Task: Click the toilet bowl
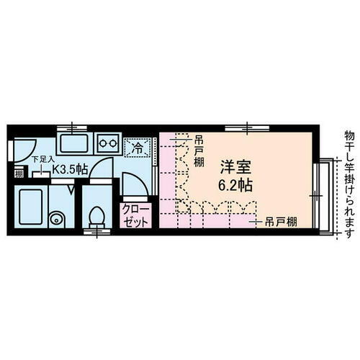click(95, 215)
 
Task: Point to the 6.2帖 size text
click(236, 184)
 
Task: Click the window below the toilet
click(95, 233)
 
